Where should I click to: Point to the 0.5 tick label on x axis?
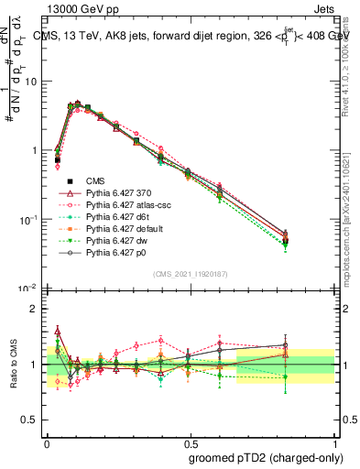click(x=190, y=440)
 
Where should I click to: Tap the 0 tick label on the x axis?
click(x=46, y=440)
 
